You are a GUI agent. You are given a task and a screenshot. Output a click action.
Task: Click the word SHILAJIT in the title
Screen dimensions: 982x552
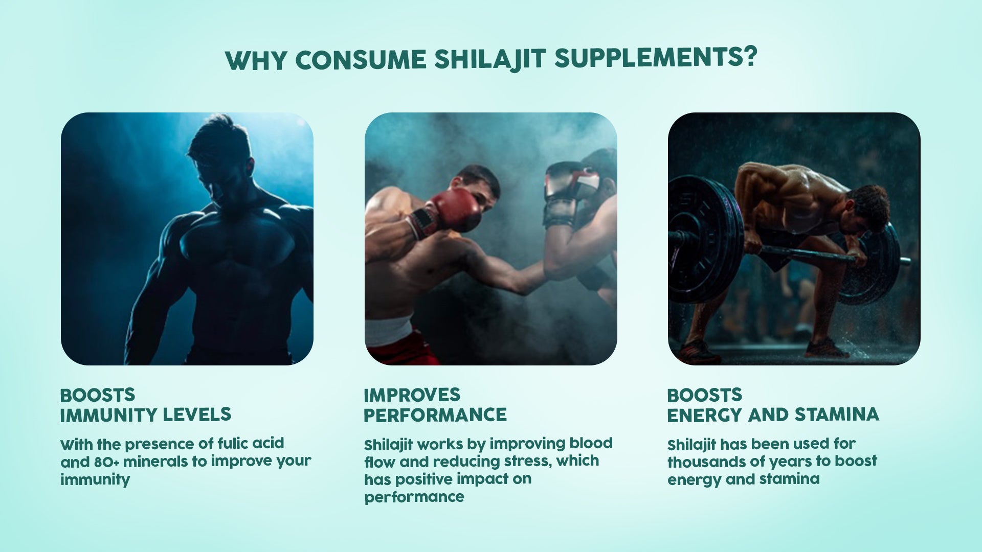[490, 59]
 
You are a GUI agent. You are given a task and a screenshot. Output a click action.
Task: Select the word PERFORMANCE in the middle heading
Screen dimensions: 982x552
[435, 415]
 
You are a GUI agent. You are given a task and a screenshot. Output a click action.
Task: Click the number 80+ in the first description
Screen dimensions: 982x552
[106, 462]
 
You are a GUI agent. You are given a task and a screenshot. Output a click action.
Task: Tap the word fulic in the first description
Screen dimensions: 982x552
[232, 443]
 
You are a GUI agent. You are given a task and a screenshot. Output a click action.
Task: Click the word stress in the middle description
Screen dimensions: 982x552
[529, 462]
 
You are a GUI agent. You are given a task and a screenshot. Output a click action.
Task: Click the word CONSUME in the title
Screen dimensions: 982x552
[361, 60]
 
